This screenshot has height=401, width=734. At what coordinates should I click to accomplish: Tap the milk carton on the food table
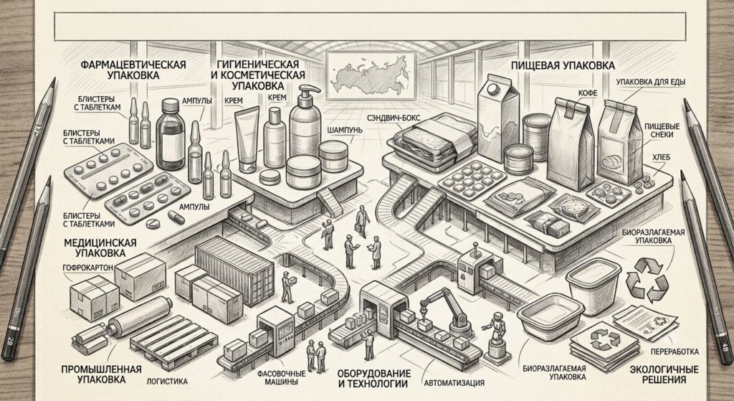pyautogui.click(x=497, y=119)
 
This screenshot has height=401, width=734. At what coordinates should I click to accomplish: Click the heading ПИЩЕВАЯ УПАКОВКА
pyautogui.click(x=564, y=65)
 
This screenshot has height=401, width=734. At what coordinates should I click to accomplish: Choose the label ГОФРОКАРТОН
pyautogui.click(x=88, y=268)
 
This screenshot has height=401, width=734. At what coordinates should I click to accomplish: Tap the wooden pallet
pyautogui.click(x=173, y=341)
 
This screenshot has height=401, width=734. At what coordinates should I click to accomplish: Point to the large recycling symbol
pyautogui.click(x=647, y=280)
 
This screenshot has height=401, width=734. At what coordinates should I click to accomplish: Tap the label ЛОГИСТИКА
pyautogui.click(x=166, y=382)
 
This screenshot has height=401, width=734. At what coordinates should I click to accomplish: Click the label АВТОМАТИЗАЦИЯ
pyautogui.click(x=454, y=383)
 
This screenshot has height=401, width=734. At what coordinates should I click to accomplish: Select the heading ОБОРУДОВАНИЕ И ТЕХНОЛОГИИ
pyautogui.click(x=374, y=379)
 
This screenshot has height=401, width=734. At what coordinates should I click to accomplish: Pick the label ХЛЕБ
pyautogui.click(x=662, y=158)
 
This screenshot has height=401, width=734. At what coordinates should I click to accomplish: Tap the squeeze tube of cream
pyautogui.click(x=248, y=138)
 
